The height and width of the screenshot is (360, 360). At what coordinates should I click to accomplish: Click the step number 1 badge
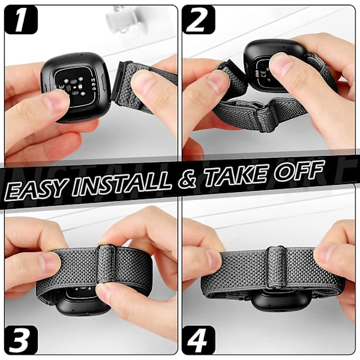(21, 20)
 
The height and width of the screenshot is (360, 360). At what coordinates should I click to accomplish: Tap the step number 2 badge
(199, 20)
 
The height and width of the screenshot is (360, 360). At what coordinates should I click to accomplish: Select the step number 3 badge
(21, 340)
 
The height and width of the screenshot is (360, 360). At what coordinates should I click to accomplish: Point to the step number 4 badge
(199, 340)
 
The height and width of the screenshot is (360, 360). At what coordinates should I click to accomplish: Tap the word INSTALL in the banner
(122, 184)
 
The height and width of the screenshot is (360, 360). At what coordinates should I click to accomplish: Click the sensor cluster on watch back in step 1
(73, 87)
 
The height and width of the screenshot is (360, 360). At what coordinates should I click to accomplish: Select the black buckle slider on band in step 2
(266, 118)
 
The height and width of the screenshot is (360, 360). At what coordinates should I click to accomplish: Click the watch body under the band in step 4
(275, 301)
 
